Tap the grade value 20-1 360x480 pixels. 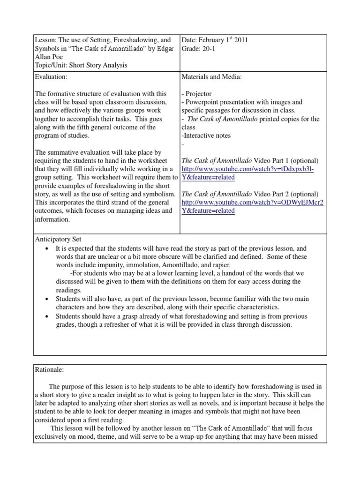pyautogui.click(x=209, y=49)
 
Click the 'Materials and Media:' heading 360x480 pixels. pyautogui.click(x=211, y=77)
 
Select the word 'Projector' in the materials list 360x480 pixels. pyautogui.click(x=200, y=94)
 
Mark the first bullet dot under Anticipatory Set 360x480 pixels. pyautogui.click(x=47, y=248)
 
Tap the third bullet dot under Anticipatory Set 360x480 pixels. pyautogui.click(x=47, y=316)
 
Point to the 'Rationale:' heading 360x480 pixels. pyautogui.click(x=49, y=369)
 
